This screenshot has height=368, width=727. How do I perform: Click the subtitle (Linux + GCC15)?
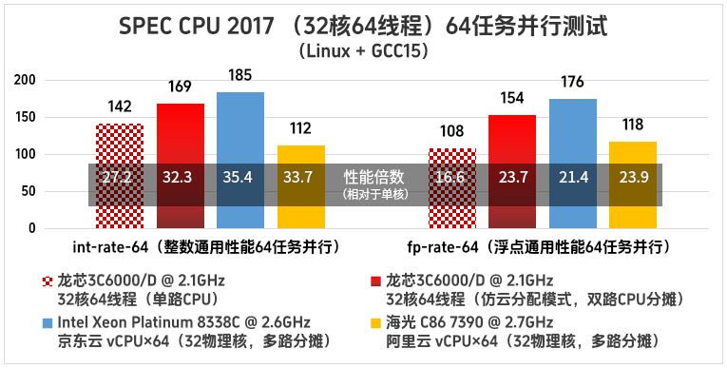[x=363, y=50]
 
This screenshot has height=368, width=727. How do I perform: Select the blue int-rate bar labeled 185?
[x=240, y=133]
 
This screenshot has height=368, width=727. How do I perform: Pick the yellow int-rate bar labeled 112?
[x=300, y=157]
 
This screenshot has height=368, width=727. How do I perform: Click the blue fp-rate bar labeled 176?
[x=572, y=133]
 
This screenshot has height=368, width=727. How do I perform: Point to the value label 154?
[x=512, y=100]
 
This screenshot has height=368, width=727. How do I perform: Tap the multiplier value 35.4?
[x=240, y=177]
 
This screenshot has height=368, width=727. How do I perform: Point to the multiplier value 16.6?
[x=451, y=177]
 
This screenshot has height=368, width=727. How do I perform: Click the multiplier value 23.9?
[x=632, y=177]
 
